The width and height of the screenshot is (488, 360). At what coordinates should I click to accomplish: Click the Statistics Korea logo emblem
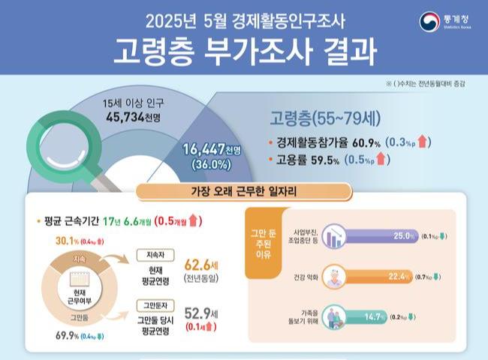(429, 21)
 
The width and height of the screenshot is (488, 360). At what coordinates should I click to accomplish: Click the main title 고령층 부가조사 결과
(243, 49)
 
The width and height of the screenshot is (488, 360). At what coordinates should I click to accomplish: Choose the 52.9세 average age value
(199, 313)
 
